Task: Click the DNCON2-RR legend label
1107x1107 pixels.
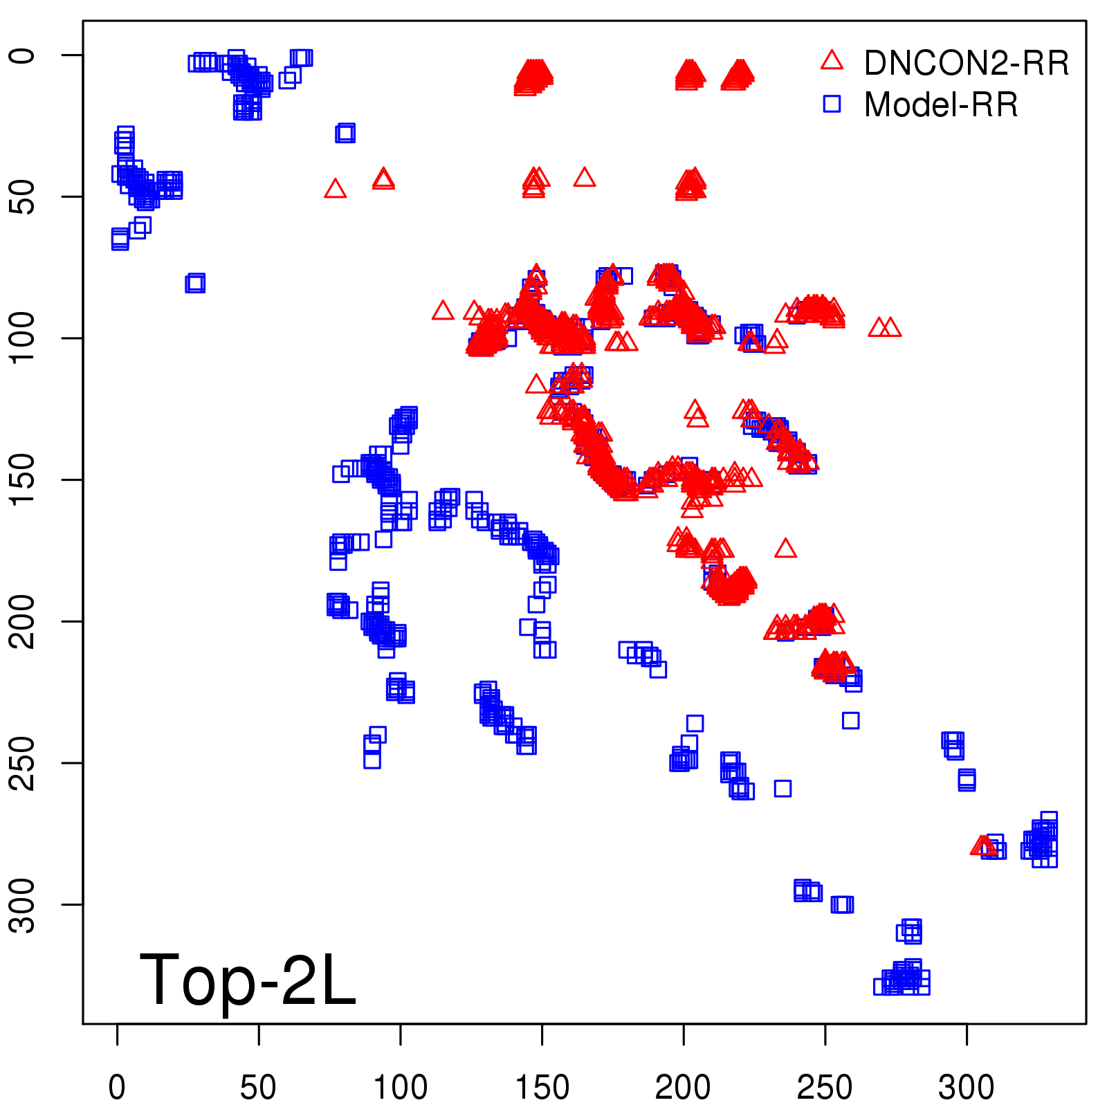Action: pos(966,64)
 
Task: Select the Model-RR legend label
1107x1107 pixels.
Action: pos(941,105)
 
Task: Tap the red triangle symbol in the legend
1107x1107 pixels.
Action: pos(832,61)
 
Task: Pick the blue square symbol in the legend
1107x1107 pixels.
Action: pos(832,104)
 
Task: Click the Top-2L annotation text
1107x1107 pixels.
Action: pos(248,980)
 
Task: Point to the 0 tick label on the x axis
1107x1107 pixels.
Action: pos(117,1088)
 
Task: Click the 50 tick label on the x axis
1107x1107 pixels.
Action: pos(258,1088)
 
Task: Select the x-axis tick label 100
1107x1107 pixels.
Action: pos(400,1088)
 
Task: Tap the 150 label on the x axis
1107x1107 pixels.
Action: pos(542,1088)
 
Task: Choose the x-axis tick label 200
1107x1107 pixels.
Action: pos(683,1088)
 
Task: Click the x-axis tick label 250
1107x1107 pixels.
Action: pos(825,1088)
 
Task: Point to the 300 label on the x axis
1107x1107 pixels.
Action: pos(966,1088)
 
